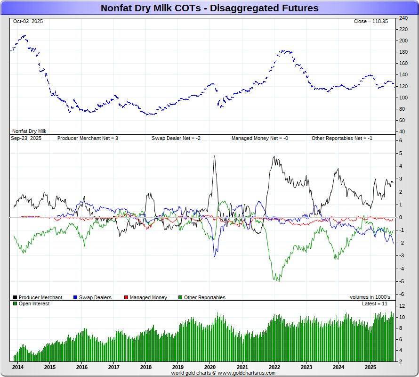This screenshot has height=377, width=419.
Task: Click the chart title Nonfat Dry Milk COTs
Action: click(x=209, y=8)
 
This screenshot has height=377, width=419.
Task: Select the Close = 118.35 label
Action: click(x=371, y=22)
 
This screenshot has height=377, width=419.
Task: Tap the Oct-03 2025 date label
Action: click(x=27, y=22)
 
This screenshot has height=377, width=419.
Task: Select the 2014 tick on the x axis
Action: click(x=18, y=367)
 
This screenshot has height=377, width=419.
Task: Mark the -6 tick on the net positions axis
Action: click(x=401, y=294)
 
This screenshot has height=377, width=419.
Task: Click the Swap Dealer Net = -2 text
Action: click(x=176, y=139)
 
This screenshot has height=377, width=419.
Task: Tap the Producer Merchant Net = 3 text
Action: click(x=88, y=139)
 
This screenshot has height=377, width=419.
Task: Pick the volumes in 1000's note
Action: click(x=370, y=297)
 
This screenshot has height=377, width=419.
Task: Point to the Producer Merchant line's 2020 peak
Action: click(x=214, y=156)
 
